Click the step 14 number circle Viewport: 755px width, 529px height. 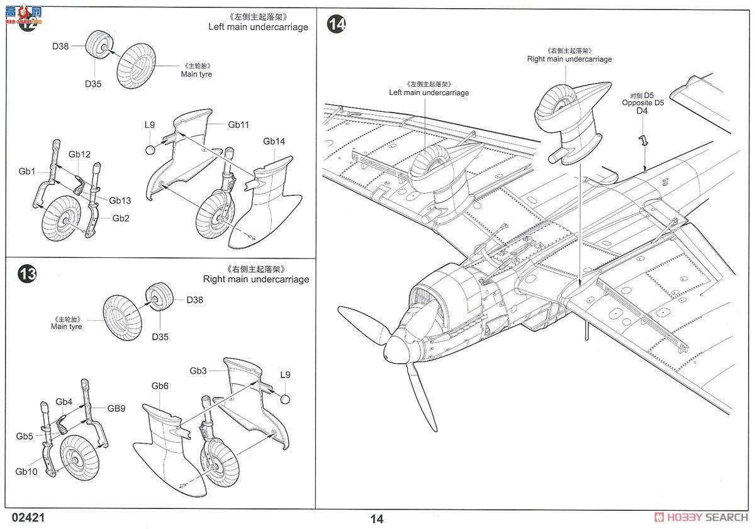click(337, 25)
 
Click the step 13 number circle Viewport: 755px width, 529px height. click(27, 274)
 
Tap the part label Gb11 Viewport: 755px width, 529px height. click(239, 125)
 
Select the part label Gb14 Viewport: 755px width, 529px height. click(274, 142)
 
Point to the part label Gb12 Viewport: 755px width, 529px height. click(80, 154)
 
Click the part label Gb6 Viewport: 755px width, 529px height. click(160, 386)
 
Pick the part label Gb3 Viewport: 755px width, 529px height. click(198, 371)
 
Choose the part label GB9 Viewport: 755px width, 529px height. click(116, 408)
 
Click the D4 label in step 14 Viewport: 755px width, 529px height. click(642, 111)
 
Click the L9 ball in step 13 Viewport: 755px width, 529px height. click(284, 398)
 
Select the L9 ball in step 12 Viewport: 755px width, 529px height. click(150, 149)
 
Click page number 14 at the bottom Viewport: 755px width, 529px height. click(376, 519)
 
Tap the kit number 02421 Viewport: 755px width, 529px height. click(28, 518)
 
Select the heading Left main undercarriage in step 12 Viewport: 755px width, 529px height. click(259, 27)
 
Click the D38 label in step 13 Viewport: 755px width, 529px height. click(195, 300)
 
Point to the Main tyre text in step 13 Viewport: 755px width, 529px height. click(67, 326)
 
